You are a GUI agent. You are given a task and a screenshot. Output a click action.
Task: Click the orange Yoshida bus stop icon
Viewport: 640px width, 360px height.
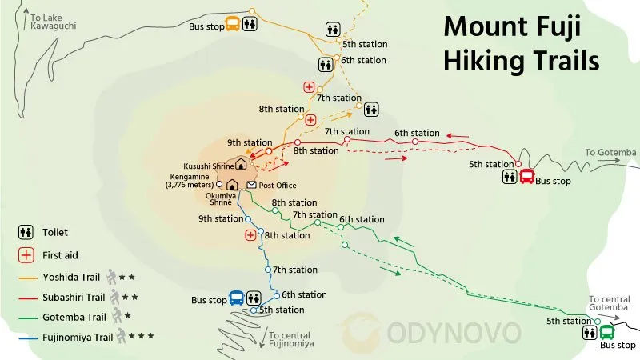(232, 23)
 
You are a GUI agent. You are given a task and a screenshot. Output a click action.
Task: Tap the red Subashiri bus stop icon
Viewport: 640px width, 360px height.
(527, 177)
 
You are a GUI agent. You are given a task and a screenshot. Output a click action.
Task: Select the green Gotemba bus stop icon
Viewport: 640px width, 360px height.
(606, 331)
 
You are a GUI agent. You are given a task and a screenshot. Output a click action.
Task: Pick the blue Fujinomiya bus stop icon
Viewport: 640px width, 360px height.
(237, 298)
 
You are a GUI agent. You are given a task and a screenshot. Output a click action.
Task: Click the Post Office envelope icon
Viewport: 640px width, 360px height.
(251, 185)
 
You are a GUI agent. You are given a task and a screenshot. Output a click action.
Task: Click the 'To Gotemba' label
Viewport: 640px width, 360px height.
(610, 152)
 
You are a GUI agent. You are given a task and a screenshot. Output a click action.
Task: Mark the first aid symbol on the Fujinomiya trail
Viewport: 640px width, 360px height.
(250, 235)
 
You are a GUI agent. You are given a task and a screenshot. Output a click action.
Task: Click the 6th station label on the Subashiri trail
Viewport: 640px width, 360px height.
(417, 133)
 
